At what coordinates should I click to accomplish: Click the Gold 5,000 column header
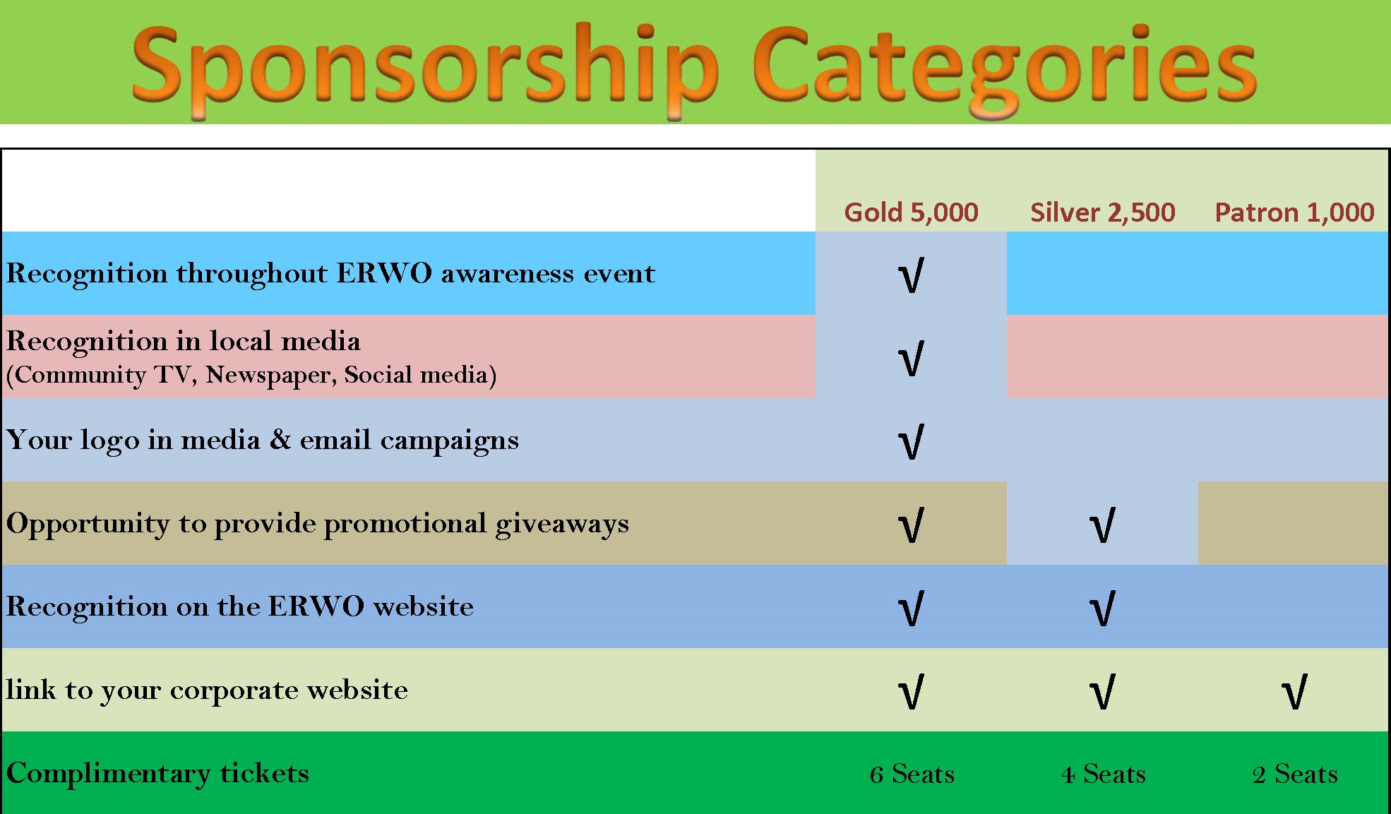coord(911,213)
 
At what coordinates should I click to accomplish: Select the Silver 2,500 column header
coord(1102,213)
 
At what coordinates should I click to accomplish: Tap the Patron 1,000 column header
coord(1294,213)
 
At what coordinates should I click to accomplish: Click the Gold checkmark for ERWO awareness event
coord(911,275)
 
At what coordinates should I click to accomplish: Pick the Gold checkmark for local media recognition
coord(911,359)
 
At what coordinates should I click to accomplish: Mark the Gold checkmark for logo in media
coord(911,442)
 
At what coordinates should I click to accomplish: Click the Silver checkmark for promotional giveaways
coord(1102,525)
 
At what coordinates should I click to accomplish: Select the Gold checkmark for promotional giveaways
coord(911,525)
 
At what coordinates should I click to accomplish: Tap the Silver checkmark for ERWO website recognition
coord(1102,609)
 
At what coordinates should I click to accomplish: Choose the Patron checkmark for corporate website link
coord(1294,692)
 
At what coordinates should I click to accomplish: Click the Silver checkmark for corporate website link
coord(1102,692)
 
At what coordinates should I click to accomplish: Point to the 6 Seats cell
coord(912,774)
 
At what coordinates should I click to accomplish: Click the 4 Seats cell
coord(1103,774)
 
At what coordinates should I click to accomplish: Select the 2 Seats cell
coord(1295,774)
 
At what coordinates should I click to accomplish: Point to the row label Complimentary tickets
coord(157,774)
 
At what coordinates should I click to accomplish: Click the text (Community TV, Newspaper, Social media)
coord(251,374)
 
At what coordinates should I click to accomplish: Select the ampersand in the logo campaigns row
coord(280,439)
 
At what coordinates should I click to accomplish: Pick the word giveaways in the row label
coord(562,525)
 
